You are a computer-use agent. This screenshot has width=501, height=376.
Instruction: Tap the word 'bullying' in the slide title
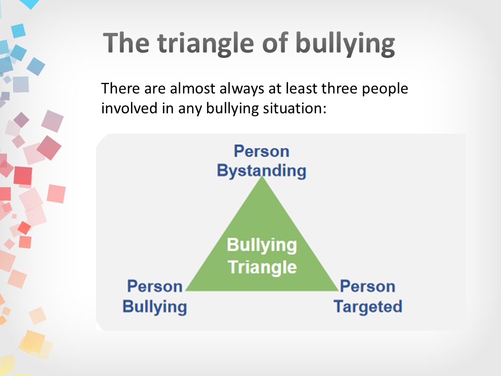point(345,44)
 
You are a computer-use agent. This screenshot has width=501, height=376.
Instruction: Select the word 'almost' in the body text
point(193,89)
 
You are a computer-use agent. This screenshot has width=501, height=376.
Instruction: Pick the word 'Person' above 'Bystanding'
point(261,151)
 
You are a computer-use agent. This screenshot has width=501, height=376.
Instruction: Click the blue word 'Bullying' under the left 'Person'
point(154,307)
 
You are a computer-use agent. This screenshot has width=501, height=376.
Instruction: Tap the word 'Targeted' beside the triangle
point(368,307)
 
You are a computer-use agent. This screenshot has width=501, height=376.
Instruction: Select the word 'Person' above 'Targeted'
point(367,286)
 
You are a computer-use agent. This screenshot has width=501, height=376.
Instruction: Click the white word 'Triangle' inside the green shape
point(263,267)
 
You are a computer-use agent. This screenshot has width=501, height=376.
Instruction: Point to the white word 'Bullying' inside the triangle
point(262,245)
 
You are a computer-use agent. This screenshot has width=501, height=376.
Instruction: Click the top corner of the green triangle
point(262,176)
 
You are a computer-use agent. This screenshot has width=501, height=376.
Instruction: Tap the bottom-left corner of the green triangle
point(186,291)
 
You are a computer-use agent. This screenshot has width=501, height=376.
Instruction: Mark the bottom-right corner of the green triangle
point(339,291)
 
